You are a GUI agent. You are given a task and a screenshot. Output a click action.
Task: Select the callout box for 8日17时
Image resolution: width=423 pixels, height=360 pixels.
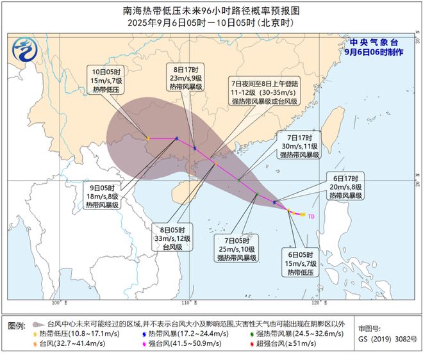tap(185, 78)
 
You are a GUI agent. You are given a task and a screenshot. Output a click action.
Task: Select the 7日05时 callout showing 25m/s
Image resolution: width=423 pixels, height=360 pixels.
tap(236, 248)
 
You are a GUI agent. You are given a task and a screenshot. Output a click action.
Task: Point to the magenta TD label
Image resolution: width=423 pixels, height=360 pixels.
tap(311, 217)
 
